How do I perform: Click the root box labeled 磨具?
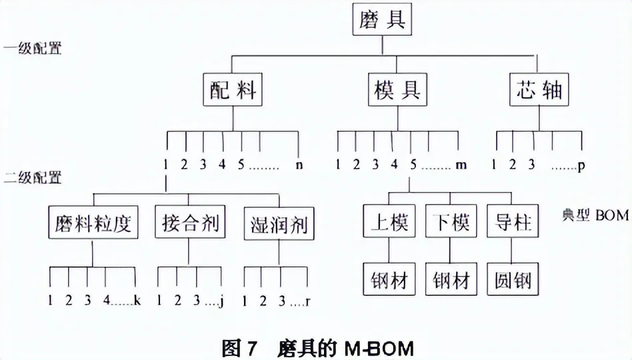pos(382,19)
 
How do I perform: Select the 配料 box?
pos(233,89)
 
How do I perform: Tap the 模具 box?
pos(397,89)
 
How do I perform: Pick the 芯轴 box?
pos(539,89)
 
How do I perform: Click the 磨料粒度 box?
pos(93,222)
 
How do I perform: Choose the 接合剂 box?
pos(190,222)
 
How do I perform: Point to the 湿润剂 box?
pos(279,223)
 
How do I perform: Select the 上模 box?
pos(389,221)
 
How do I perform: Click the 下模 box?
pos(451,221)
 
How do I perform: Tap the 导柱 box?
pos(513,221)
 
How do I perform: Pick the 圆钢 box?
pos(513,279)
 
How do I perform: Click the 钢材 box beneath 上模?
pos(389,279)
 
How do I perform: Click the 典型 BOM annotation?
pos(595,215)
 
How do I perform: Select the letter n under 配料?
pos(299,165)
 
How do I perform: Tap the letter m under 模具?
pos(461,165)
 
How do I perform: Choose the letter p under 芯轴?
pos(581,166)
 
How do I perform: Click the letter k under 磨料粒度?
pos(137,300)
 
